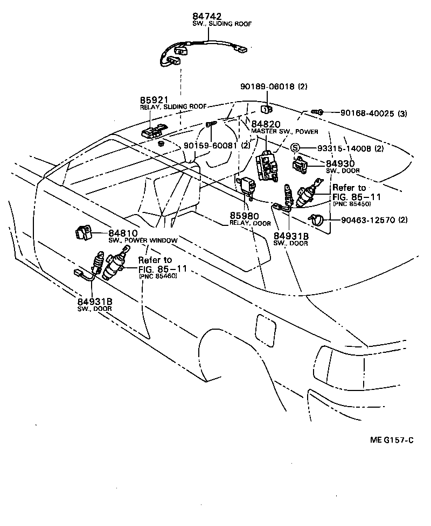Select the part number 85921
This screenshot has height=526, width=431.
pos(155,100)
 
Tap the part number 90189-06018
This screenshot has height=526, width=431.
pos(267,86)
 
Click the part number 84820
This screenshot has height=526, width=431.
pos(265,124)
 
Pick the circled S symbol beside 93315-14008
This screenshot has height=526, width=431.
pos(295,148)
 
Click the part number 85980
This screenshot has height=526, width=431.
pos(244,216)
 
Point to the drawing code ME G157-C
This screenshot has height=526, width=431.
pos(392,440)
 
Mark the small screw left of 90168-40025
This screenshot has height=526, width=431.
pos(319,112)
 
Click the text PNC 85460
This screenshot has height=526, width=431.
pos(158,276)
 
